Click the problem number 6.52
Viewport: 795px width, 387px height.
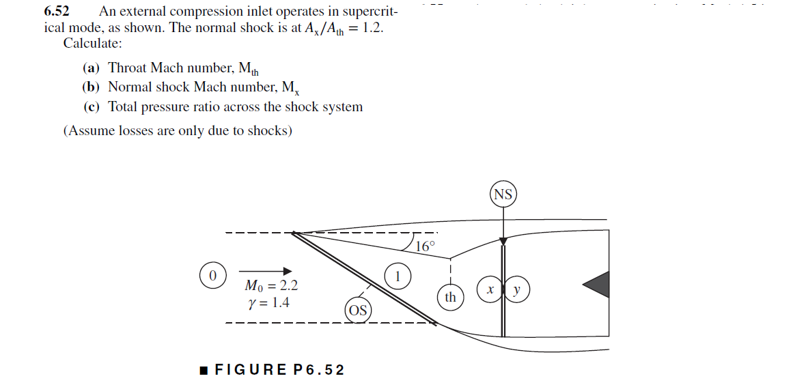[x=57, y=12]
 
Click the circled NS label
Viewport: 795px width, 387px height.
[x=503, y=195]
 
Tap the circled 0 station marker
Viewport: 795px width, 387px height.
[x=212, y=276]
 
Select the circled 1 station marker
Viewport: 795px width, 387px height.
[x=398, y=276]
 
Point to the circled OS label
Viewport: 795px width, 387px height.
[x=357, y=311]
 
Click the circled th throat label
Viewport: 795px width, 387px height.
[x=450, y=297]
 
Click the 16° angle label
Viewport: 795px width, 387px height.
[x=425, y=246]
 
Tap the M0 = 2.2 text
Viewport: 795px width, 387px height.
[x=270, y=285]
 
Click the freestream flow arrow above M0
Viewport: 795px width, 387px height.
[x=266, y=270]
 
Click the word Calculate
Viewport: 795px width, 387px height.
[x=92, y=44]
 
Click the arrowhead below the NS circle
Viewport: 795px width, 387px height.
[x=503, y=241]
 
